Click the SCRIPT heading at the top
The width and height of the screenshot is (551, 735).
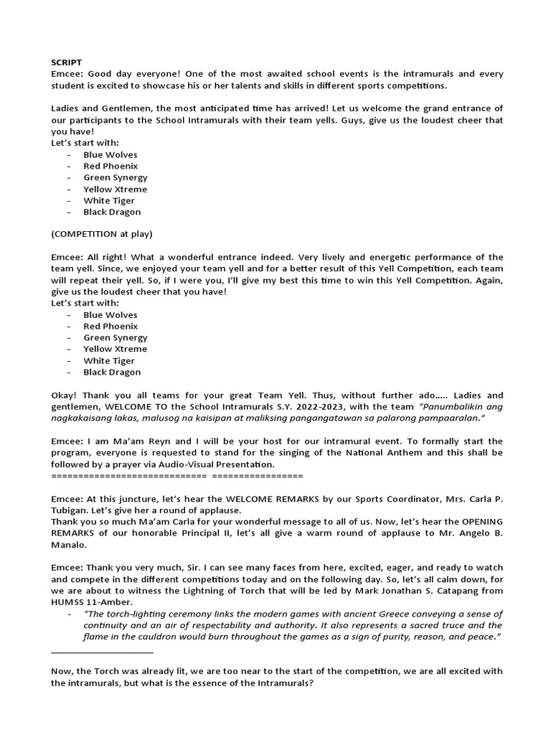click(67, 63)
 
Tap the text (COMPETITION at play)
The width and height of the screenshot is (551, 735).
click(101, 234)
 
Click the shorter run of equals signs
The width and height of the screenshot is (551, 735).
click(258, 475)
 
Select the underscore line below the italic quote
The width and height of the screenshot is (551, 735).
click(103, 652)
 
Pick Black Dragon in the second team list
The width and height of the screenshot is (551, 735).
click(112, 372)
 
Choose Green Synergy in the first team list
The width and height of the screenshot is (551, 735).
click(116, 177)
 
